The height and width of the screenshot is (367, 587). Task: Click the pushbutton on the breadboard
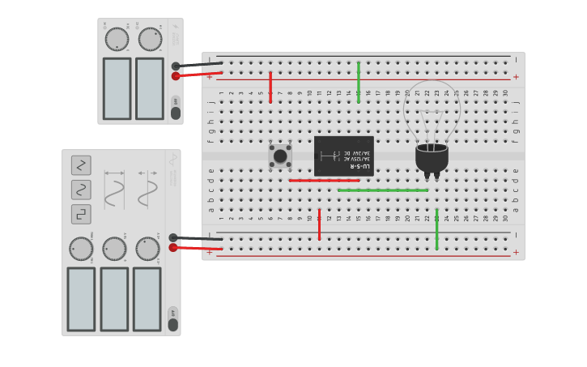tap(280, 156)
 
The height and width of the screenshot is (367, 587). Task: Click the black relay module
tap(343, 156)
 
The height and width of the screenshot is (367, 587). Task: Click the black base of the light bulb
tap(432, 158)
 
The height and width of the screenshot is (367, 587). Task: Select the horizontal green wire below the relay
tap(383, 190)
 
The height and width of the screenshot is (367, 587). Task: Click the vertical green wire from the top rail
tap(359, 81)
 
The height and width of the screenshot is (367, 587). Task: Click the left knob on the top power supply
tap(117, 39)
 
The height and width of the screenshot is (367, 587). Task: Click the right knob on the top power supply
tap(150, 39)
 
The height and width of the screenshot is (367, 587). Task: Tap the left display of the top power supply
tap(117, 88)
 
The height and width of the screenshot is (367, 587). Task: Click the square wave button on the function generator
tap(81, 214)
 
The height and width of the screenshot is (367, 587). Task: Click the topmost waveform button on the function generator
tap(81, 165)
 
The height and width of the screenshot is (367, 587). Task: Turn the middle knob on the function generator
tap(114, 249)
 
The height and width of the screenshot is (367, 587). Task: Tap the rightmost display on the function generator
tap(147, 299)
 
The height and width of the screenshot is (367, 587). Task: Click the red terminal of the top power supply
tap(176, 76)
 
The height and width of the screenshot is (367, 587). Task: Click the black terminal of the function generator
tap(173, 237)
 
